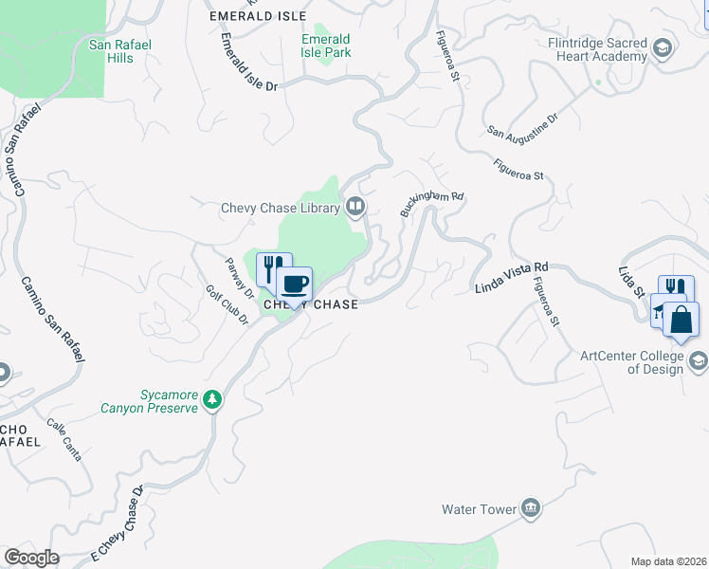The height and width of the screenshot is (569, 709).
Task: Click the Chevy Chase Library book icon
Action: point(354,207)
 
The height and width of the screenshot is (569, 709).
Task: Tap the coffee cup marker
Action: point(294,282)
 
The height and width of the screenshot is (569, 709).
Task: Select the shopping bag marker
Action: point(681,320)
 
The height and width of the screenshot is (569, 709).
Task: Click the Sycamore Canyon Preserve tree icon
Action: point(213,399)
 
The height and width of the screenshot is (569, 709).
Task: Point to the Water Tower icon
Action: point(531,509)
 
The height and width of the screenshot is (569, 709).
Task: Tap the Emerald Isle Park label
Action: point(326,46)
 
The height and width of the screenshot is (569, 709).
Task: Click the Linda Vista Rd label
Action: point(512,278)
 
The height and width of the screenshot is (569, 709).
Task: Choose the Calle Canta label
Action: point(64,441)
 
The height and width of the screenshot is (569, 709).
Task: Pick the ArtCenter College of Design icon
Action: point(698,360)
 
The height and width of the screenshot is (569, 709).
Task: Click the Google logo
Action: point(31,558)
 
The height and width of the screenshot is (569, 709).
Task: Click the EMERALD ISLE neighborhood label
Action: point(258,16)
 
